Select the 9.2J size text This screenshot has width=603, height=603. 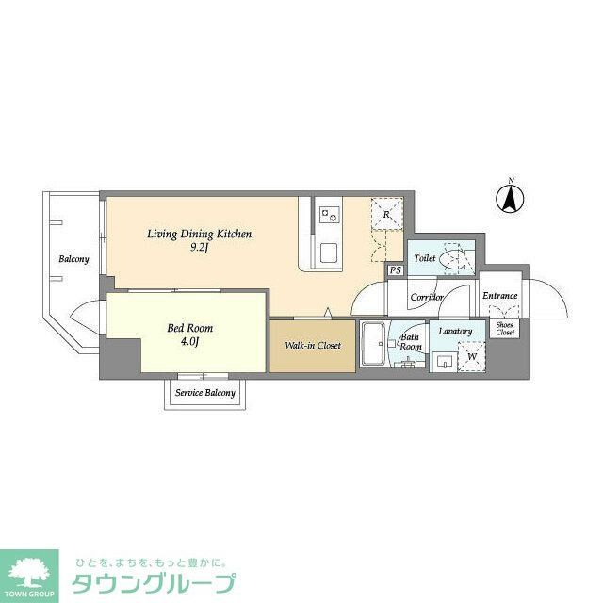point(200,248)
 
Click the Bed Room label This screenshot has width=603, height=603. point(190,328)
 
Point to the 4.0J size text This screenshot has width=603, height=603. point(190,341)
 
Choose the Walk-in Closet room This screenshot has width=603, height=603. point(312,346)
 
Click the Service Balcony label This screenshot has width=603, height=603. point(206,393)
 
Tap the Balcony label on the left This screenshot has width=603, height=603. point(73,259)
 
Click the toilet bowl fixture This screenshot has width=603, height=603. point(456,258)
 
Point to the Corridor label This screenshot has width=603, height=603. point(426,297)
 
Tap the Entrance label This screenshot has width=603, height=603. point(499,296)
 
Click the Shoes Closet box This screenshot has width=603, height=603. point(505,329)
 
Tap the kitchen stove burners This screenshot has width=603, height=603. point(330,215)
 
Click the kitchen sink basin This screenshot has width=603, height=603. point(330,253)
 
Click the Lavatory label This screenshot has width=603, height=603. point(455,332)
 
